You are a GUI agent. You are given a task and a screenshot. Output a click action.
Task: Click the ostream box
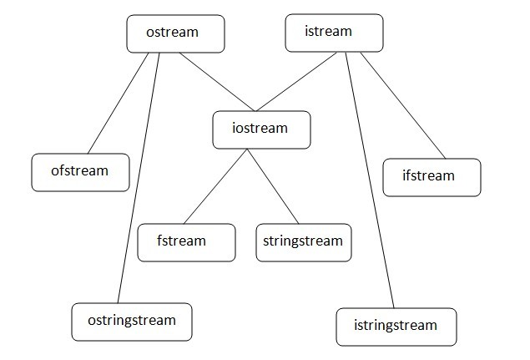tap(175, 33)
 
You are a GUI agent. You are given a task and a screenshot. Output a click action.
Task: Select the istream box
tap(334, 32)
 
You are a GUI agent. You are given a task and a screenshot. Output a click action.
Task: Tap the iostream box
tap(261, 129)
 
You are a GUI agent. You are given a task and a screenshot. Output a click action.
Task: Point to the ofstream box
tap(80, 171)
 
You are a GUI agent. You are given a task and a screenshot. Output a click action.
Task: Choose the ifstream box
tap(431, 176)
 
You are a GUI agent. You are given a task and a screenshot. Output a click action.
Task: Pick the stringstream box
tap(304, 241)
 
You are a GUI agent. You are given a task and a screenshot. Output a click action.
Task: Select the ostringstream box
tap(132, 321)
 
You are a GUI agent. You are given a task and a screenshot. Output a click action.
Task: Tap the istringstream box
tap(397, 326)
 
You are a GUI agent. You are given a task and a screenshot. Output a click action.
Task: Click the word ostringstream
tap(132, 321)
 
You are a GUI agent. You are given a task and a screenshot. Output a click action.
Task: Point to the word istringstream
tap(397, 326)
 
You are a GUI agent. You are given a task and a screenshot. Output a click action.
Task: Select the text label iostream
tap(261, 129)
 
